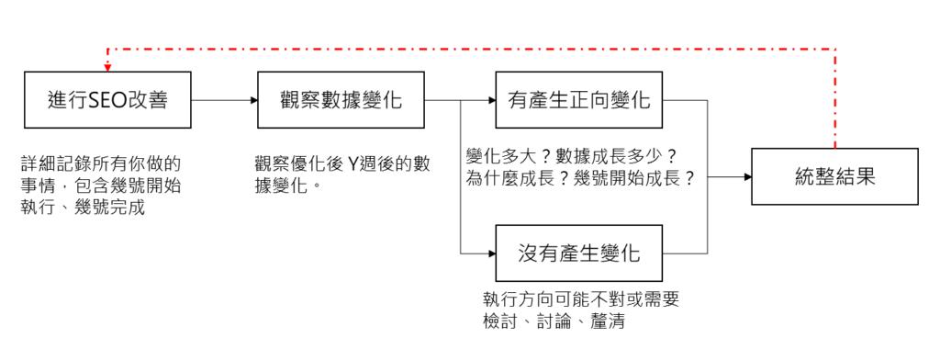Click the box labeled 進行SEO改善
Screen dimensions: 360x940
pos(106,100)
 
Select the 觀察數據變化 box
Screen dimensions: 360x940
pos(341,100)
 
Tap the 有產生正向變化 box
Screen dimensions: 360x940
pos(579,100)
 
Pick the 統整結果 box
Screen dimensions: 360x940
pos(834,176)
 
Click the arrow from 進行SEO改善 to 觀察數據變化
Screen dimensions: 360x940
pos(224,100)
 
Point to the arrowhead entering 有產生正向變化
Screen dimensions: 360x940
pos(491,100)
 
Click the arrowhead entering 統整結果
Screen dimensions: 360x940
pos(747,176)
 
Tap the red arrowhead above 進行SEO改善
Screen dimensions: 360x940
pos(107,66)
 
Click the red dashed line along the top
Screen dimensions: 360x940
pos(459,49)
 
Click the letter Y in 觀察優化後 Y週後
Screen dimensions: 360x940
pos(354,163)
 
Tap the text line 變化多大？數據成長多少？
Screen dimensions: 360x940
pos(571,156)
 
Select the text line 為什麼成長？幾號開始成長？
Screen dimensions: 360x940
pos(580,179)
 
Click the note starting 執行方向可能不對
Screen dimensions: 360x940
pos(580,300)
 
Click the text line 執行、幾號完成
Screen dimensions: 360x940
pos(84,208)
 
